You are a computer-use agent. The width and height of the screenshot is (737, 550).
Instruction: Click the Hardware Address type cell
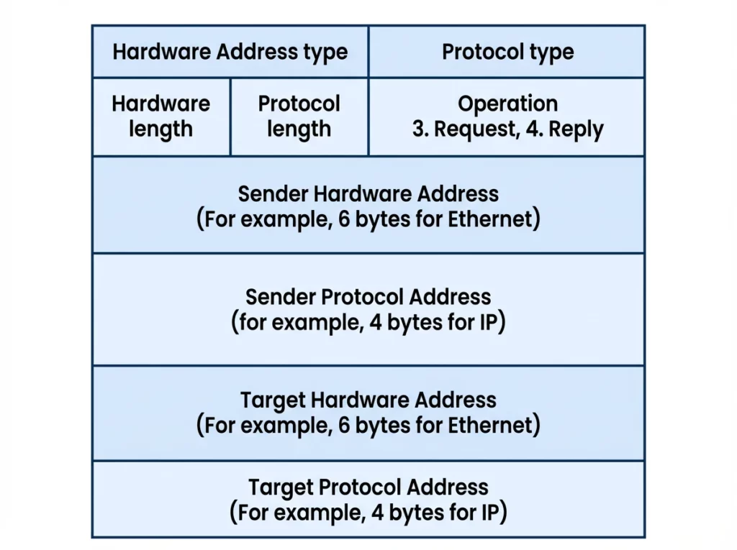click(x=230, y=52)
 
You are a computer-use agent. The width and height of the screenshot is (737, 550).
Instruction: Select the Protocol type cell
click(x=507, y=52)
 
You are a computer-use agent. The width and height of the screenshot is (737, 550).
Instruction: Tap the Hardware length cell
click(x=160, y=116)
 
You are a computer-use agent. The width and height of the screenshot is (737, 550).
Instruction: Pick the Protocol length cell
click(x=299, y=116)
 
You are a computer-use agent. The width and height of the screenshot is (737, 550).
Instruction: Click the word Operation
click(x=507, y=104)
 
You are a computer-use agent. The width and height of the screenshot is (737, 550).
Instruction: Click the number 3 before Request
click(x=418, y=129)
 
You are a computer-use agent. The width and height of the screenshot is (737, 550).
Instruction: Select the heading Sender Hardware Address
click(x=368, y=193)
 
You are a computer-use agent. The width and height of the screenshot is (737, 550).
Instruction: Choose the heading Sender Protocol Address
click(x=368, y=297)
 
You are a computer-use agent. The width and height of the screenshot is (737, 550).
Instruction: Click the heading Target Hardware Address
click(x=368, y=400)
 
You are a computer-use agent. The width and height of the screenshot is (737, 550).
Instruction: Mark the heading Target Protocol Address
click(x=368, y=487)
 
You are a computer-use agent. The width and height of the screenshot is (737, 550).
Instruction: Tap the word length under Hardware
click(x=160, y=129)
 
